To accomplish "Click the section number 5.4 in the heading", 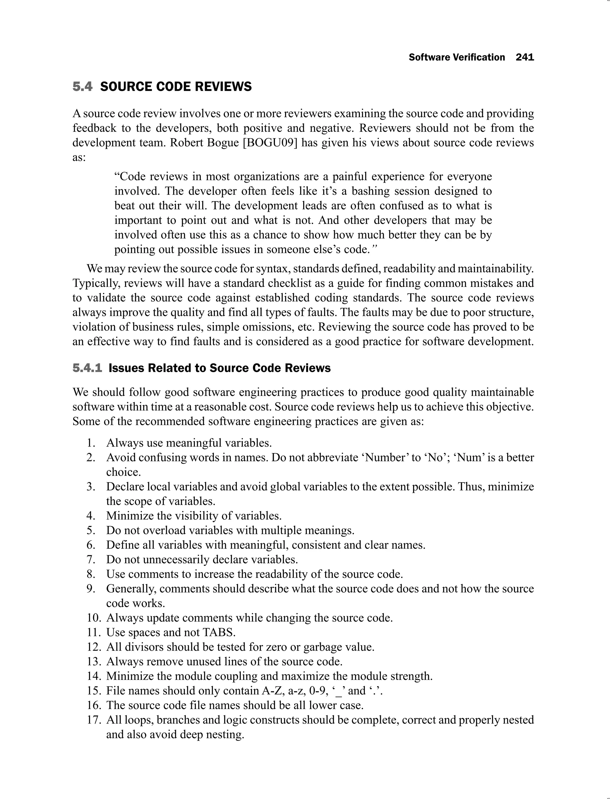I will coord(83,87).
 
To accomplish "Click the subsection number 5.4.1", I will coord(87,368).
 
